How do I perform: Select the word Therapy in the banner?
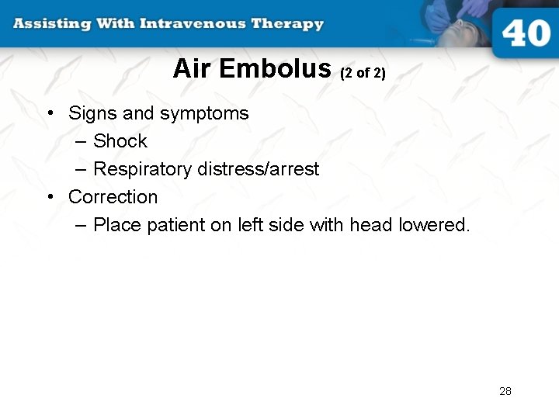(287, 23)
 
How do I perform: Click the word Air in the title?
(192, 69)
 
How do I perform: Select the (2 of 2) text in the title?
(363, 74)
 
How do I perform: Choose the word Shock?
(120, 141)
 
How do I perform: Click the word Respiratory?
(141, 170)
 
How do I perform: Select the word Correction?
(113, 197)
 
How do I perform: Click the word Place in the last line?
(114, 225)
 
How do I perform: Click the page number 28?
(505, 391)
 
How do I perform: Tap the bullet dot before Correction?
(50, 197)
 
